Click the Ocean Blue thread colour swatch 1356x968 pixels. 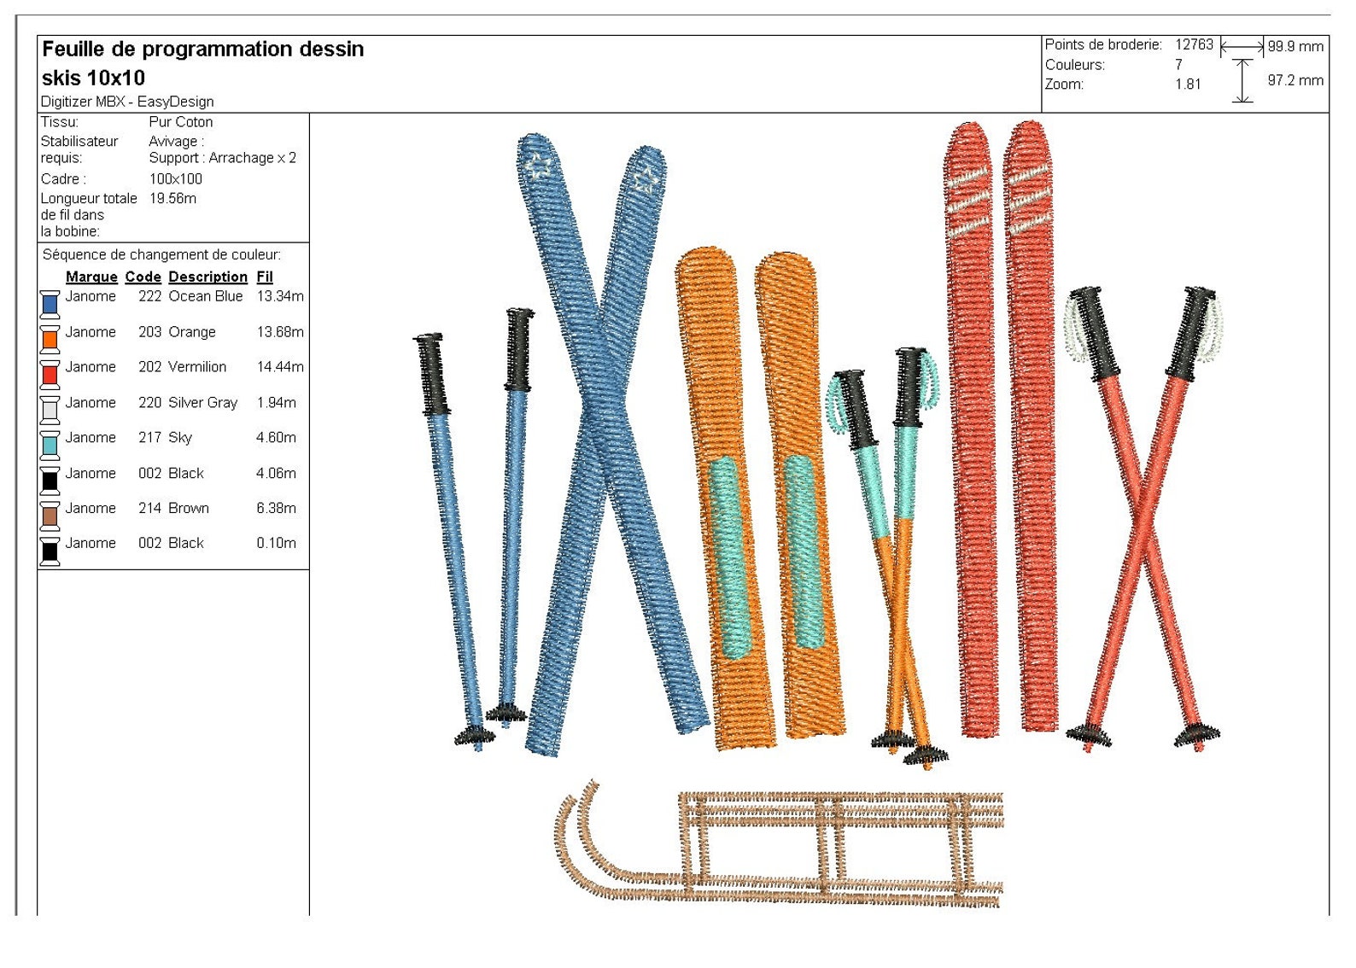(x=50, y=304)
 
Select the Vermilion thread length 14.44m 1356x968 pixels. (x=279, y=367)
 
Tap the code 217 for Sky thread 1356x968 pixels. (x=149, y=438)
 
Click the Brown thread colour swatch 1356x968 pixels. (x=50, y=516)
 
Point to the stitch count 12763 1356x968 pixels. (x=1193, y=44)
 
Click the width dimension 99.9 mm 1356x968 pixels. (x=1295, y=47)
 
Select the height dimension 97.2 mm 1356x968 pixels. (x=1295, y=80)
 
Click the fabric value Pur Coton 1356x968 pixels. (x=180, y=122)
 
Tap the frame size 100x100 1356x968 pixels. (x=175, y=179)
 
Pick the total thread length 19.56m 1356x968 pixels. (x=172, y=198)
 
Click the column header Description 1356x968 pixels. (x=207, y=277)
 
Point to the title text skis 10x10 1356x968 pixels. (x=93, y=78)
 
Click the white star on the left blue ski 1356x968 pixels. (x=537, y=165)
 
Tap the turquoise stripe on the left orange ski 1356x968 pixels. (x=730, y=555)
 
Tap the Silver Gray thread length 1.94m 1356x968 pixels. (x=276, y=403)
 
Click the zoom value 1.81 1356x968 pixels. (x=1187, y=85)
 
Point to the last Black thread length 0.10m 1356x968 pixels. (x=276, y=543)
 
